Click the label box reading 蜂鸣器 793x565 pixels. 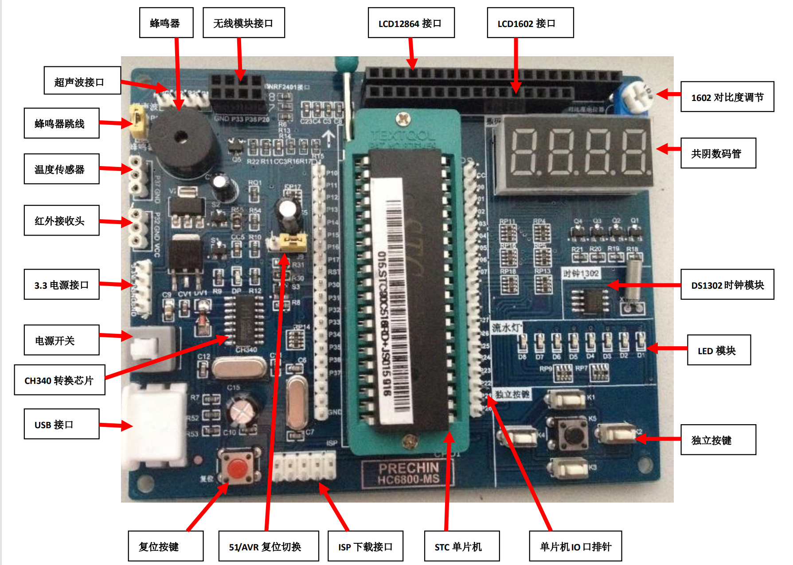tap(166, 23)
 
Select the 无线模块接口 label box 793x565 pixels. tap(243, 23)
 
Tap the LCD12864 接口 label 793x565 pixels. tap(411, 23)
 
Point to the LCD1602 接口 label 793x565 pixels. tap(530, 23)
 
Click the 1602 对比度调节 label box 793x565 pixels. tap(727, 97)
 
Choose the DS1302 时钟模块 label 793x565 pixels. tap(727, 285)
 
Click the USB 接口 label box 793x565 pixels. tap(62, 424)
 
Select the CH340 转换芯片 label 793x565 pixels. tap(59, 380)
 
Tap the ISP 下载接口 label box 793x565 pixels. tap(365, 546)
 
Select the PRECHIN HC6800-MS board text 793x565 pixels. tap(408, 473)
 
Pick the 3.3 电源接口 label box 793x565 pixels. tap(62, 285)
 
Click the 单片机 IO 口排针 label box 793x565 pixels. tap(575, 546)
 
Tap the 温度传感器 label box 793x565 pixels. tap(62, 169)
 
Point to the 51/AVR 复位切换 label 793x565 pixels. tap(268, 546)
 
